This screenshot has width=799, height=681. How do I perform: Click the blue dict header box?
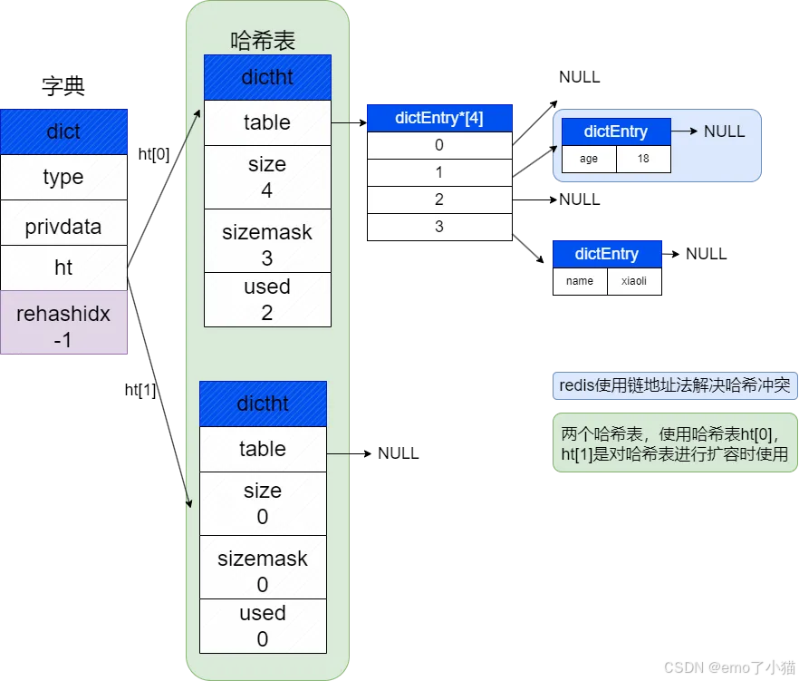[63, 131]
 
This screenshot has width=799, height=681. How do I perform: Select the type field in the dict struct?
[63, 177]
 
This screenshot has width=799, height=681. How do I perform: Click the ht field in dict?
[63, 268]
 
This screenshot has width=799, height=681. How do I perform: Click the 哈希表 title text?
[263, 41]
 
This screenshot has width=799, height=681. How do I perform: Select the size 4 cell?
[267, 177]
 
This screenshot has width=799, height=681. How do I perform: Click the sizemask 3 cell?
[267, 245]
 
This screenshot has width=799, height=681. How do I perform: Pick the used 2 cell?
[267, 299]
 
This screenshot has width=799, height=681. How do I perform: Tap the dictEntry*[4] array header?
[439, 118]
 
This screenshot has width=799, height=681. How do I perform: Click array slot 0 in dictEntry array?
[439, 145]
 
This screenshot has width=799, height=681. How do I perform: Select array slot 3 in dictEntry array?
[439, 226]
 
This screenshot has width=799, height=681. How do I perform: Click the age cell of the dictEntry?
[589, 159]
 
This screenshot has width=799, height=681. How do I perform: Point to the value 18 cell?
[643, 159]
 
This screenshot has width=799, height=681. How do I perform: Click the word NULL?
[724, 131]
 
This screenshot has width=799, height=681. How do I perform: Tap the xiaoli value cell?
[634, 281]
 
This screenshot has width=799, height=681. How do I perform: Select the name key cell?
[580, 281]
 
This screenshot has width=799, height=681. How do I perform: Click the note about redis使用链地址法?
[675, 385]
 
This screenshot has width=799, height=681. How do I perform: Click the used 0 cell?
[263, 626]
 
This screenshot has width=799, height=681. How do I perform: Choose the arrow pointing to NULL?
[685, 131]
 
